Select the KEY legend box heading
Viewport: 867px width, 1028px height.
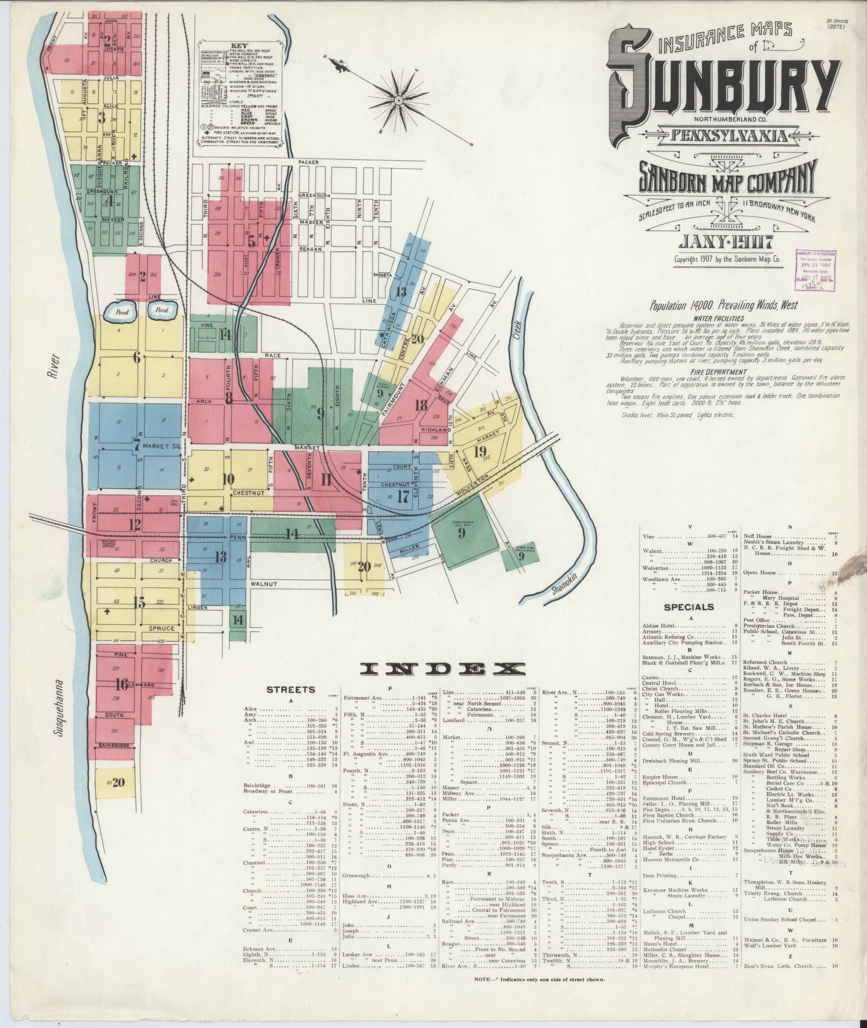pyautogui.click(x=239, y=46)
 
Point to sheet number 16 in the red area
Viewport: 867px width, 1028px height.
pyautogui.click(x=121, y=684)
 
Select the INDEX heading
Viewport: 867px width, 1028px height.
pyautogui.click(x=442, y=668)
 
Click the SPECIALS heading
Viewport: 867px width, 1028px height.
pyautogui.click(x=689, y=607)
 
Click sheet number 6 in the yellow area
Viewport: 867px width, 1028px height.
pyautogui.click(x=137, y=357)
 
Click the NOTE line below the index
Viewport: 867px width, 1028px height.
pyautogui.click(x=540, y=979)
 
